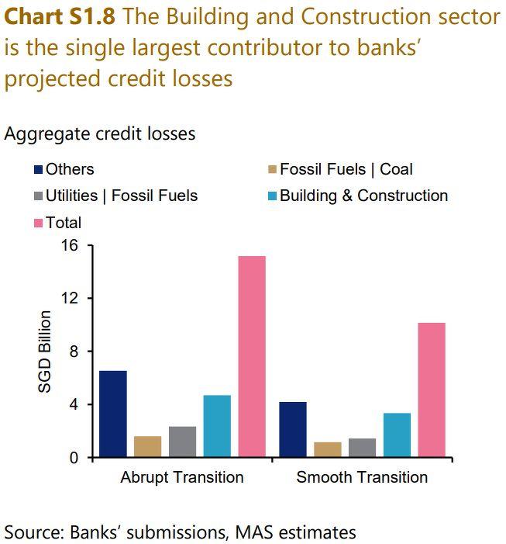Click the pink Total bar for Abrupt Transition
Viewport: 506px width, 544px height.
point(252,356)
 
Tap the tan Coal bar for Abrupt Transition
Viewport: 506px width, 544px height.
point(148,446)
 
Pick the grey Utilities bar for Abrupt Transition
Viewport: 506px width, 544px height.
point(182,442)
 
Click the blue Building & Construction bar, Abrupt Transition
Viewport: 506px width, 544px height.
point(217,426)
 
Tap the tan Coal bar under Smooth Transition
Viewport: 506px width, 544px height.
point(328,449)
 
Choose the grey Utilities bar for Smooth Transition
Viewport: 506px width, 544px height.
point(362,448)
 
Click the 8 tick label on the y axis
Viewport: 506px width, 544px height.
point(75,352)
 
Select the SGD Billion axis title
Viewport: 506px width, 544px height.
point(46,352)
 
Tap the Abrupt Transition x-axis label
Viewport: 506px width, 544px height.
point(182,476)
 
